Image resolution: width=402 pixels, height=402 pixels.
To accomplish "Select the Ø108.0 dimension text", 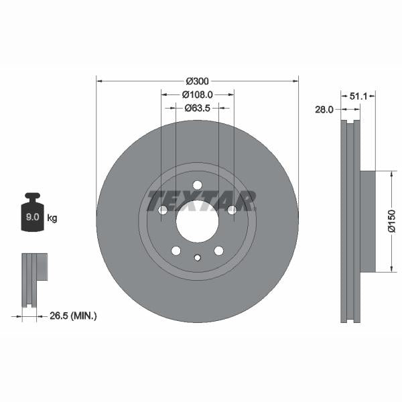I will pyautogui.click(x=198, y=94).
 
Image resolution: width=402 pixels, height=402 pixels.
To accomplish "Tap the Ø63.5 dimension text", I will pyautogui.click(x=198, y=107).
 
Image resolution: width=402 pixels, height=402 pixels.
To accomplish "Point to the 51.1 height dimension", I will pyautogui.click(x=358, y=96).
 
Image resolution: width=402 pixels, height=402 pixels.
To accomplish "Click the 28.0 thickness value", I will pyautogui.click(x=324, y=110).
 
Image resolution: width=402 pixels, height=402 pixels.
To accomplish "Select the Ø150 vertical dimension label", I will pyautogui.click(x=392, y=222).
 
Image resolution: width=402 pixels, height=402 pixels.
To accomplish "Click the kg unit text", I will pyautogui.click(x=52, y=218).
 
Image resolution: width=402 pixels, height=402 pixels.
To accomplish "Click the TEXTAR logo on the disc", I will pyautogui.click(x=202, y=200).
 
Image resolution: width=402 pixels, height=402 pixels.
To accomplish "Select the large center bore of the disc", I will pyautogui.click(x=197, y=221).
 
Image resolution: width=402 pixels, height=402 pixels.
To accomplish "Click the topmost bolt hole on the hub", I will pyautogui.click(x=197, y=186).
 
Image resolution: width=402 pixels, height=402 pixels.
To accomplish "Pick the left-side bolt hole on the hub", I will pyautogui.click(x=163, y=210).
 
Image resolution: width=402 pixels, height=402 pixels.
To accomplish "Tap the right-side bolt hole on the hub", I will pyautogui.click(x=232, y=210).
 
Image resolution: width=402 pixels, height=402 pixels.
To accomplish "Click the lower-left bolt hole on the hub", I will pyautogui.click(x=176, y=251).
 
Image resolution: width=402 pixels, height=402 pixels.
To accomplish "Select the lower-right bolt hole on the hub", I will pyautogui.click(x=218, y=251).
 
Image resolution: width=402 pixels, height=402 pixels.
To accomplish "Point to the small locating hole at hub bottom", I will pyautogui.click(x=197, y=257).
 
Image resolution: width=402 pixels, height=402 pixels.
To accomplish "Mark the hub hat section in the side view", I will pyautogui.click(x=367, y=222).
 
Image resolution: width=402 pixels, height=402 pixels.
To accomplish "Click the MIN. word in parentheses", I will pyautogui.click(x=84, y=315).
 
